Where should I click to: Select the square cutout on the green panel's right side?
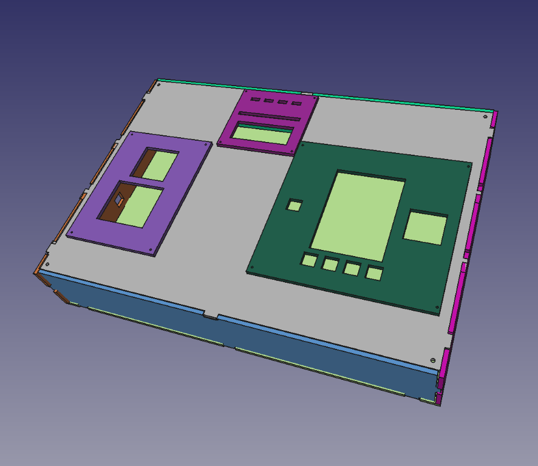(426, 227)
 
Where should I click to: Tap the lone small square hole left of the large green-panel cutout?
(295, 206)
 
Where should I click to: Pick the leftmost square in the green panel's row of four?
(309, 260)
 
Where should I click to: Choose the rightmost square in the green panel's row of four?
(374, 273)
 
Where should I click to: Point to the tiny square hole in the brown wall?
(120, 198)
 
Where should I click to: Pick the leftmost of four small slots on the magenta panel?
(256, 100)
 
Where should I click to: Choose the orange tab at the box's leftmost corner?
(39, 267)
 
